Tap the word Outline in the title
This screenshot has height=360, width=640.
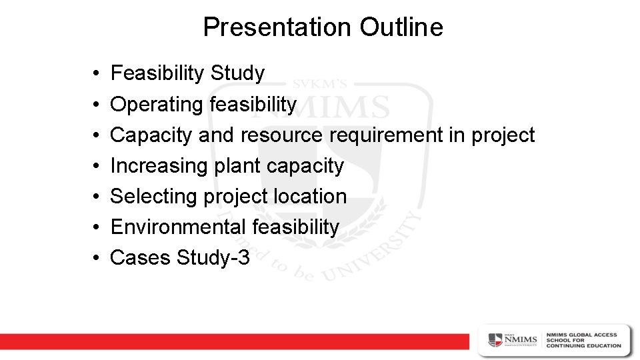[x=401, y=27]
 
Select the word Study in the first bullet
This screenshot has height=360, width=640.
[x=237, y=73]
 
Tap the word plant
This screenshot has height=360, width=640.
[x=237, y=165]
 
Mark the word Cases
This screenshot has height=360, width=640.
[x=141, y=257]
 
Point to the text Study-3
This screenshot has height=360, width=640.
[x=213, y=257]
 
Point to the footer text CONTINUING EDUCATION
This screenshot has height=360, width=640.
[x=583, y=346]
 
